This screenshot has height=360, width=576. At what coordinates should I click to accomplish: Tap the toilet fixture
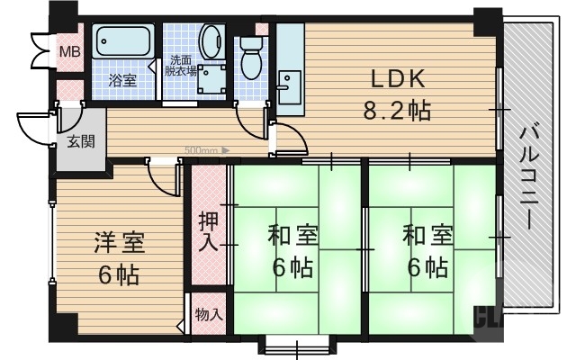click(x=250, y=56)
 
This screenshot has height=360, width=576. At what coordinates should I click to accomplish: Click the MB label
click(x=69, y=51)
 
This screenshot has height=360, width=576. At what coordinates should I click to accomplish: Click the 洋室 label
click(x=119, y=244)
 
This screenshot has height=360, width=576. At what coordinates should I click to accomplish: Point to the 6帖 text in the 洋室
click(x=119, y=274)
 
